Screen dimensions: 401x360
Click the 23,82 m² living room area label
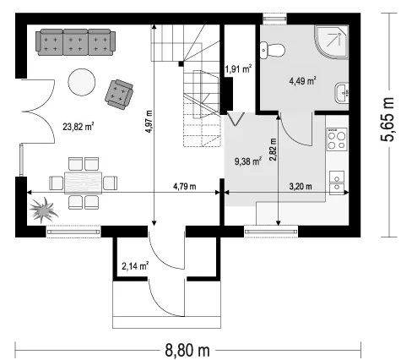coord(78,127)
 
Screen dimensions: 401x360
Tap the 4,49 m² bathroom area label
coord(302,81)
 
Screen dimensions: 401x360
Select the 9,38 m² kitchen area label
coord(248,161)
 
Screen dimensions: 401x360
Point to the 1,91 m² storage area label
coord(238,68)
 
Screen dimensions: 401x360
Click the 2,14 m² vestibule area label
coord(135,265)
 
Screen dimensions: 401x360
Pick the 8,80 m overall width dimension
coord(187,351)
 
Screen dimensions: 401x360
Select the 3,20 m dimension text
coord(301,186)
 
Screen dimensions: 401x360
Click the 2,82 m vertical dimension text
coord(273,150)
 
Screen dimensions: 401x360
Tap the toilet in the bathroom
coord(272,51)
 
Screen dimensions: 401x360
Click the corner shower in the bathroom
coord(332,42)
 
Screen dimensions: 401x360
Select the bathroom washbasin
coord(342,92)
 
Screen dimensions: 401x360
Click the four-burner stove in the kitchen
coord(337,139)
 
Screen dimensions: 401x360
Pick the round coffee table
coord(82,82)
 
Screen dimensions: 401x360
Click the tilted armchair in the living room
coord(119,94)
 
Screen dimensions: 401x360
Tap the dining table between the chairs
coord(84,183)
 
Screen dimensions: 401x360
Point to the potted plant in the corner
coord(43,210)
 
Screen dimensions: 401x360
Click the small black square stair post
coord(182,64)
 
